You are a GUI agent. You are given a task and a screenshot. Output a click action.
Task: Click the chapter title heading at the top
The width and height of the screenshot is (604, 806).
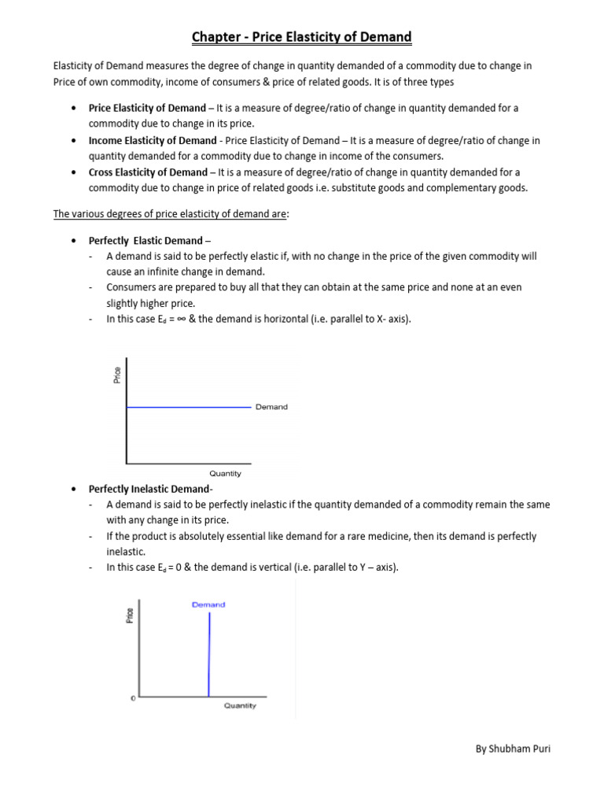point(302,37)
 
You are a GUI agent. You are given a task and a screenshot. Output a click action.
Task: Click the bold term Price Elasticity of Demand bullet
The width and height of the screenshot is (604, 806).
point(146,108)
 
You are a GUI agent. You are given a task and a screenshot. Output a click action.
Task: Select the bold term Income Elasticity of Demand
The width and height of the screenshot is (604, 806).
point(151,140)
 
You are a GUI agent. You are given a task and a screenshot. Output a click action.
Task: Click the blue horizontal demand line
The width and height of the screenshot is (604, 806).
point(189,407)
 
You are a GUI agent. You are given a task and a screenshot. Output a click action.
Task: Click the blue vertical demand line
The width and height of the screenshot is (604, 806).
point(208,653)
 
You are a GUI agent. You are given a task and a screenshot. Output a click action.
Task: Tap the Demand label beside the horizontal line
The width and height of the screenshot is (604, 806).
point(271,407)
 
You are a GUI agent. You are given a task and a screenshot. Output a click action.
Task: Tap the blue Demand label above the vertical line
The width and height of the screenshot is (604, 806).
point(208,604)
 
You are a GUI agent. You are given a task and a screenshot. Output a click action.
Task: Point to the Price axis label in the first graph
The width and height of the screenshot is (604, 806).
point(117,375)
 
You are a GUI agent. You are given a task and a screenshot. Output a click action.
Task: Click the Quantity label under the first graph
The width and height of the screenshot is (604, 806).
point(225,474)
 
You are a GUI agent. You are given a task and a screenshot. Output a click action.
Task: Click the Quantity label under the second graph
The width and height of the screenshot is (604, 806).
point(240,706)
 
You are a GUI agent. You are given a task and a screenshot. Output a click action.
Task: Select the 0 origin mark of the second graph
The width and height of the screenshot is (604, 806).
point(133,698)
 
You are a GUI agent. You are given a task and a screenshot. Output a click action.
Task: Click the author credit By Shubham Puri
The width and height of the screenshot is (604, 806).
point(513,749)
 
